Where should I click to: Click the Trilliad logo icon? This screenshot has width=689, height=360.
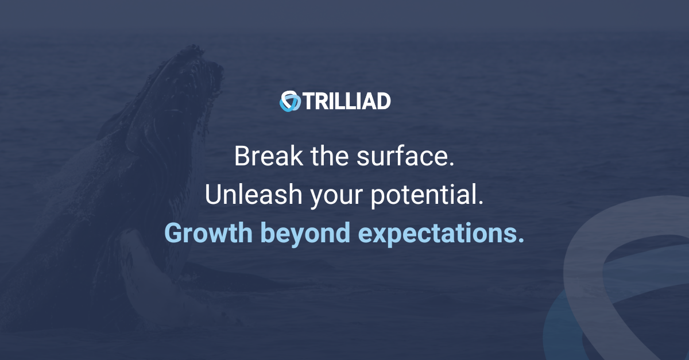coord(290,101)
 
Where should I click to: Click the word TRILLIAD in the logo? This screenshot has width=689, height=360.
coord(346,101)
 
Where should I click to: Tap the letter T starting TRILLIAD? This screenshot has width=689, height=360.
coord(308,101)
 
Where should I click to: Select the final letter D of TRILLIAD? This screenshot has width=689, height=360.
coord(384,101)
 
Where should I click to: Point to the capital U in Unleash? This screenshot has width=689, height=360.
coord(212,195)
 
